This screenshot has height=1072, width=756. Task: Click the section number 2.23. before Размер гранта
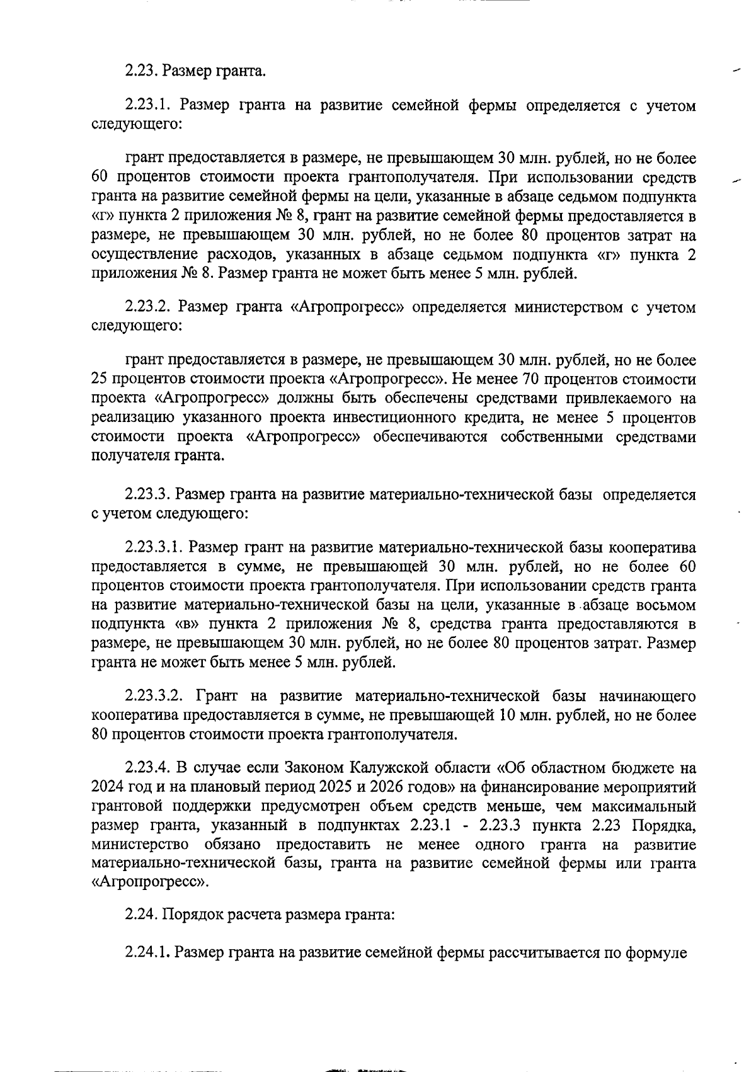coord(142,71)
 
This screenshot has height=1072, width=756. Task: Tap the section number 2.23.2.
coord(147,307)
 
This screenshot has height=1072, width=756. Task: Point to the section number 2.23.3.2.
coord(154,697)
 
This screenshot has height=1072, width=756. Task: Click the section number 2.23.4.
coord(147,768)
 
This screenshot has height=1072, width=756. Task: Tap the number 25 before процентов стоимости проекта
coord(100,379)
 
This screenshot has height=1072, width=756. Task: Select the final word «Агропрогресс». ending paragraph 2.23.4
coord(150,882)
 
